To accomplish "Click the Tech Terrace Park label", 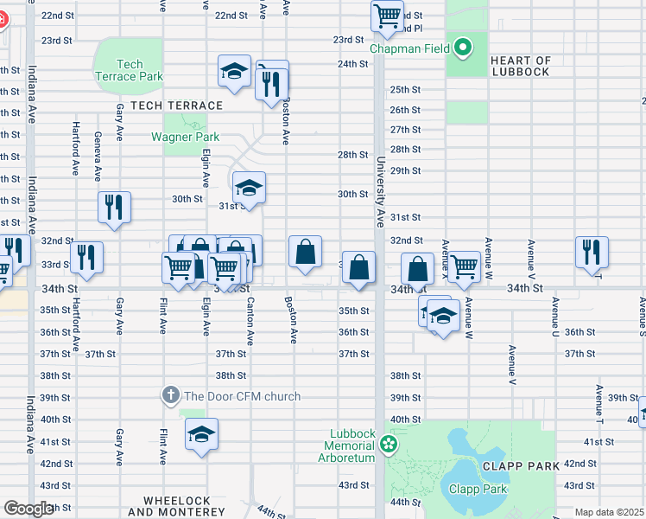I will coord(129,70).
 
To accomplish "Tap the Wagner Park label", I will coord(185,137).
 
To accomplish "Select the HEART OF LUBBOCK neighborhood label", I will coord(520,66).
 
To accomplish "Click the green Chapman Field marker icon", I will coord(463,48).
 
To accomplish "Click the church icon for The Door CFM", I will coord(170,396).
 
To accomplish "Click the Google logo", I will coord(28,509).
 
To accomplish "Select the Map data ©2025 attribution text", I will coord(609,512).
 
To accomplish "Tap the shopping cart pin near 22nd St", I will coord(387,16).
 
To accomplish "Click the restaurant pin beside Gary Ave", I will coord(114,207).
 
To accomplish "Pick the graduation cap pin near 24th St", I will coord(233,73).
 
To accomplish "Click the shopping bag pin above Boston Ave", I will coord(305,253).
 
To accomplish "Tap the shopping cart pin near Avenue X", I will coord(464,266).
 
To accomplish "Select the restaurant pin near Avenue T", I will coord(592,252).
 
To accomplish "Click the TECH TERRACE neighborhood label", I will coord(176,106).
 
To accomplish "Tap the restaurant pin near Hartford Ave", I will coord(86,257).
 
